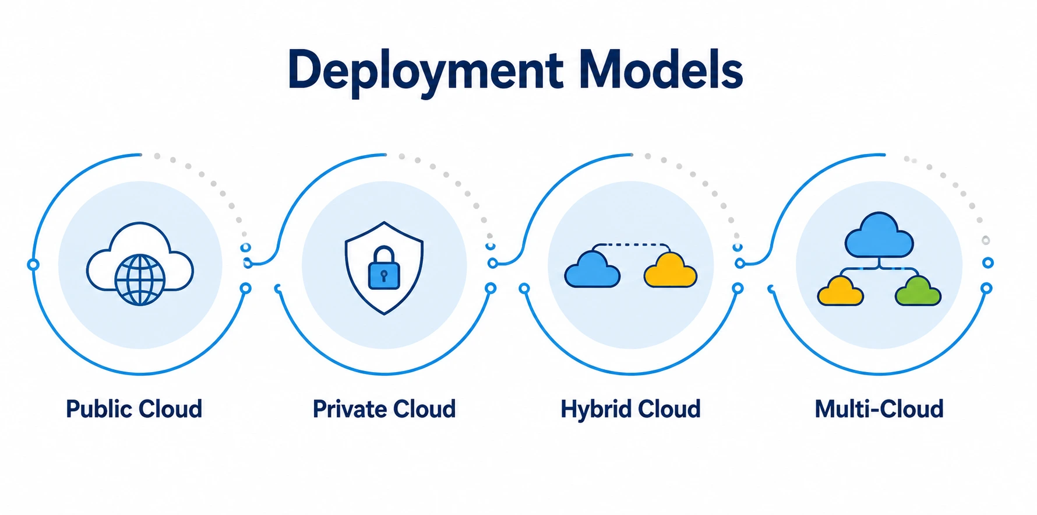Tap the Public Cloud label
tap(134, 409)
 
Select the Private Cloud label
tap(384, 409)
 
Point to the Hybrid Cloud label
tap(630, 409)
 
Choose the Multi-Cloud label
tap(879, 409)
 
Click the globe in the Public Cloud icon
tap(140, 280)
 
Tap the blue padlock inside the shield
tap(384, 268)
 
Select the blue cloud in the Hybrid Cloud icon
tap(592, 269)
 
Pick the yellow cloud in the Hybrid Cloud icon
tap(670, 269)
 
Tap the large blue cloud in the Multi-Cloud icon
tap(879, 235)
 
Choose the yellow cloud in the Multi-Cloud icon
tap(841, 291)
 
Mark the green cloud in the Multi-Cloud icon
tap(918, 291)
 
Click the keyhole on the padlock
tap(384, 275)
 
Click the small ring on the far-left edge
tap(33, 265)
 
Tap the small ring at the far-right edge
tap(988, 263)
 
